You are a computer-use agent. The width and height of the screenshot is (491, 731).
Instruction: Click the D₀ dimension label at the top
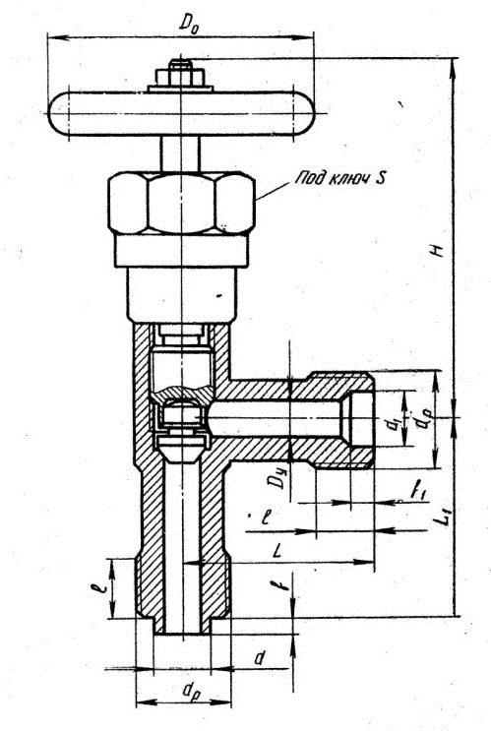(190, 23)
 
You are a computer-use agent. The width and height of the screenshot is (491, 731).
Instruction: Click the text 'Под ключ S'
(339, 178)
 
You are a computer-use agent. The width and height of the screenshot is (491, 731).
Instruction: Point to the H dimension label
(437, 251)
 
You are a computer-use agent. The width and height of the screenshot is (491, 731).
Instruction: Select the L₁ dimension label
(446, 518)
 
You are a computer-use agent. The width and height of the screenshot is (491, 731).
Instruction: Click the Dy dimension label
(279, 479)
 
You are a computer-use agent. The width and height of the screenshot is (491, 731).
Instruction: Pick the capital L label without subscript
(277, 552)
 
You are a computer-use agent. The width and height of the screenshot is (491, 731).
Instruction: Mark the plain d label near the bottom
(260, 658)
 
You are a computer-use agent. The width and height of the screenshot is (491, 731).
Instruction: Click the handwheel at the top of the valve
(181, 114)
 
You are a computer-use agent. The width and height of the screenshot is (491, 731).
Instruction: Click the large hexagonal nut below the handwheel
(181, 203)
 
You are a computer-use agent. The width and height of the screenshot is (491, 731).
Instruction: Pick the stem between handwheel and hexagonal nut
(180, 153)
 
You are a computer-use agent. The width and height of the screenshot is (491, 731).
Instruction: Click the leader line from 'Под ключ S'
(274, 191)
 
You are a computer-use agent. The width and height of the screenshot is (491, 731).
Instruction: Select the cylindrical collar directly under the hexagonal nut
(181, 251)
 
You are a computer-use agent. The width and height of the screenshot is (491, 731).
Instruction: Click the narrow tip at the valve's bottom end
(182, 626)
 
